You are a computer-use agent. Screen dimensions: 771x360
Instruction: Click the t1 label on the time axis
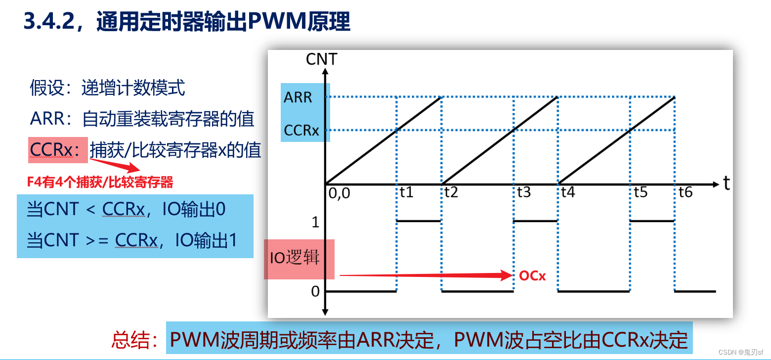406,192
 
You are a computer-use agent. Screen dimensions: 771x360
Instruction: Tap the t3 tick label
524,192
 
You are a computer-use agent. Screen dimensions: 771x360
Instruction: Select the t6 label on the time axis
685,192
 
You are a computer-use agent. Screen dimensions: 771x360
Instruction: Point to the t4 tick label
568,192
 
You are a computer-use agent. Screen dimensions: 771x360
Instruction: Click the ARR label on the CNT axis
298,97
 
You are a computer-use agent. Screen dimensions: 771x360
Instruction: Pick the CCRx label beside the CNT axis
301,131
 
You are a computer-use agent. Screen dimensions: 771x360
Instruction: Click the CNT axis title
321,59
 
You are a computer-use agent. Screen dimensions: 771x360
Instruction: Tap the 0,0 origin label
339,193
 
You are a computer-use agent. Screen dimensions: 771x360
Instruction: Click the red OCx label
532,276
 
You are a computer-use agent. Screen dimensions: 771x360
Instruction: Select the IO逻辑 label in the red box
295,258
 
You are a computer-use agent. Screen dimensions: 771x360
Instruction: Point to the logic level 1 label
316,223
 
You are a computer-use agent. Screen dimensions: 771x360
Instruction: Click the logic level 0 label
315,292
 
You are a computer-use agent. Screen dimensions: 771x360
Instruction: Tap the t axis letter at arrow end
727,183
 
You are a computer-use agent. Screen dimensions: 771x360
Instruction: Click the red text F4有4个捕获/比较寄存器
100,182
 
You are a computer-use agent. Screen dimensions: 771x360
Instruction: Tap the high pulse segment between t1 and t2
419,221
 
